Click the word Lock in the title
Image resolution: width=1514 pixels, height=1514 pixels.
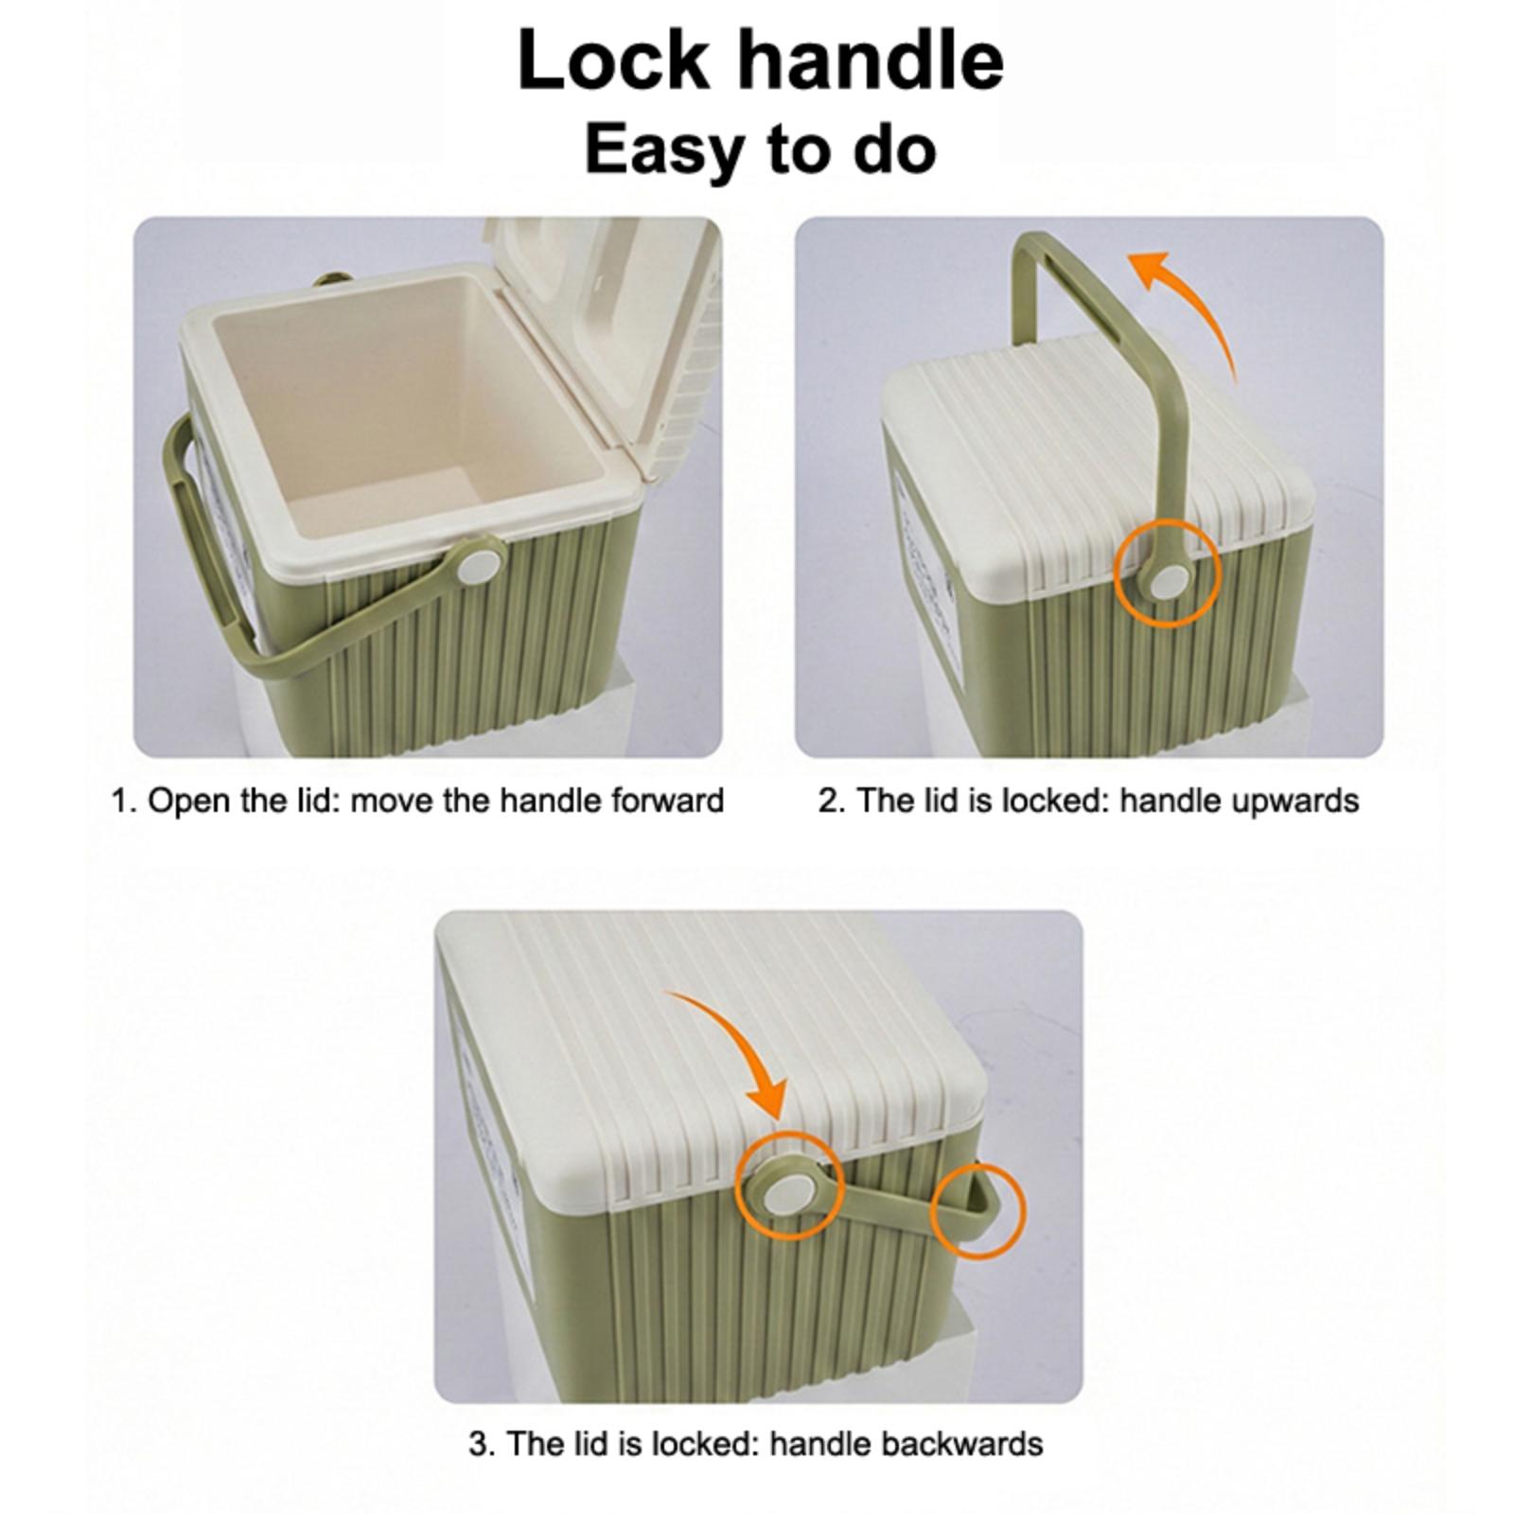coord(613,60)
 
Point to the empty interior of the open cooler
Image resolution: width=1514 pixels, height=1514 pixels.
coord(407,416)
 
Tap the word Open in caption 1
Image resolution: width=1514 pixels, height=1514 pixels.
coord(188,801)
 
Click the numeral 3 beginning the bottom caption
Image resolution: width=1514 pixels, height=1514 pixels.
coord(479,1445)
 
